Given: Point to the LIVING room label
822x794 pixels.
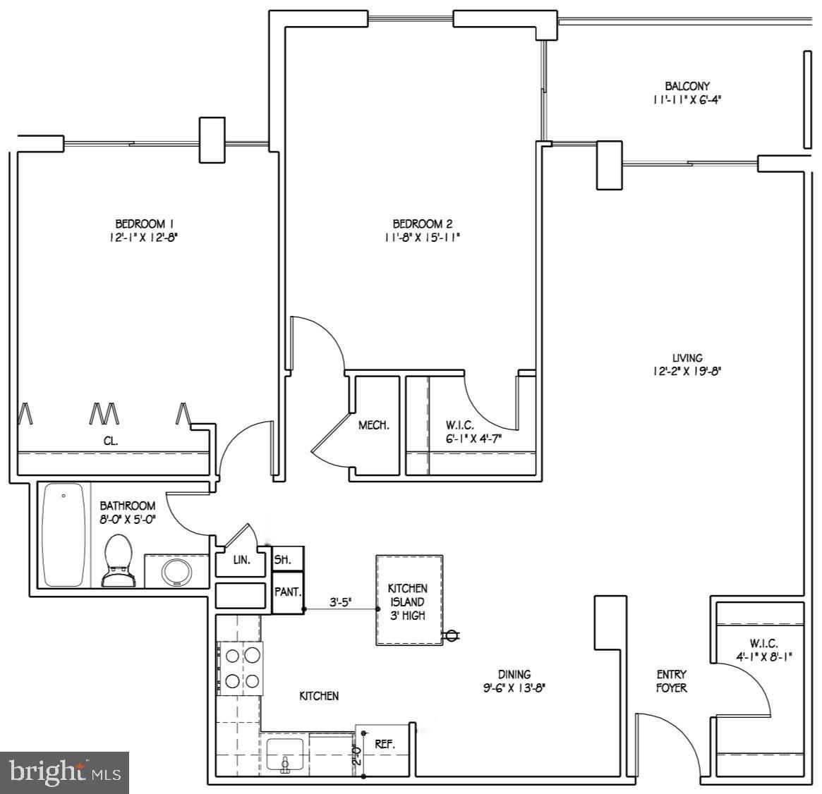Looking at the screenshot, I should pos(687,358).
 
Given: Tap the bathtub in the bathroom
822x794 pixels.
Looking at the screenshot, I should pos(64,535).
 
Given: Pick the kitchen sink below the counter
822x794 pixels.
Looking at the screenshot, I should pos(285,754).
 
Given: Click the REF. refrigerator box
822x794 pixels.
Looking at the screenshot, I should pos(385,744).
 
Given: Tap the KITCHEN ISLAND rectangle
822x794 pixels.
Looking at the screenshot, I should pos(409,600).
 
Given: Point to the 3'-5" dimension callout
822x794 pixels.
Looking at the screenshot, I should pos(341,602).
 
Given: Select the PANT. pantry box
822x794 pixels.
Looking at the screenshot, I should pos(288,592).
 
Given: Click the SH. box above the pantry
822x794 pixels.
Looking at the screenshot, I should pos(288,559).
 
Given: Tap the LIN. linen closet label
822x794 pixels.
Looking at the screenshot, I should pos(241,561).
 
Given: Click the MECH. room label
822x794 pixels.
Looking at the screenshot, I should pos(373,425).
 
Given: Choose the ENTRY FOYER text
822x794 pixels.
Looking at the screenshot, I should pos(671,681).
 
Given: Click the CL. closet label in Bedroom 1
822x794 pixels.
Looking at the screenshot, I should pos(111,441).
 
